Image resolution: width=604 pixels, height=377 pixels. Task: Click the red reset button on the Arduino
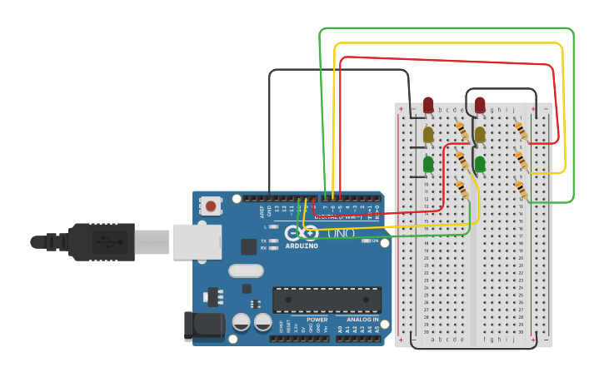tap(211, 206)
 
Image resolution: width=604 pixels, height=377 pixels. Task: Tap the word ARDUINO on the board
tap(302, 246)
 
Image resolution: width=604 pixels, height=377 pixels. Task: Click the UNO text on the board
tap(340, 234)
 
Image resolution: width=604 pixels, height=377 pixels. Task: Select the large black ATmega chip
tap(327, 300)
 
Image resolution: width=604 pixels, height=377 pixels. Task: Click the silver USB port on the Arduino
tap(197, 242)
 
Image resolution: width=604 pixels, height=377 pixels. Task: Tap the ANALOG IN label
tap(357, 320)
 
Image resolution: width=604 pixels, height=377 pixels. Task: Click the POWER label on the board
tap(317, 320)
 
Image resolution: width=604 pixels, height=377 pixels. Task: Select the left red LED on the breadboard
tap(428, 105)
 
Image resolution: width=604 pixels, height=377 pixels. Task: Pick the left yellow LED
tap(428, 134)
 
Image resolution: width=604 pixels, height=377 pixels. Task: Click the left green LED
tap(428, 164)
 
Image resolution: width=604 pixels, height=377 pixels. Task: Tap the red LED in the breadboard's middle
tap(480, 105)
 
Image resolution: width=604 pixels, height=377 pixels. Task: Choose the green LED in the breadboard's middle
tap(480, 164)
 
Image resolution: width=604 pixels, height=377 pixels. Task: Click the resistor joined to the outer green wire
tap(522, 191)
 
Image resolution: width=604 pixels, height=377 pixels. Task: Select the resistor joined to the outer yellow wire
tap(522, 161)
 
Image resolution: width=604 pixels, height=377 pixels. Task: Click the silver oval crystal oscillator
tap(245, 270)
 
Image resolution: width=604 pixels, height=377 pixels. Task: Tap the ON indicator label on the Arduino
tap(376, 241)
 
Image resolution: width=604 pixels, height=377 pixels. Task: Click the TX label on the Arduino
tap(264, 241)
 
